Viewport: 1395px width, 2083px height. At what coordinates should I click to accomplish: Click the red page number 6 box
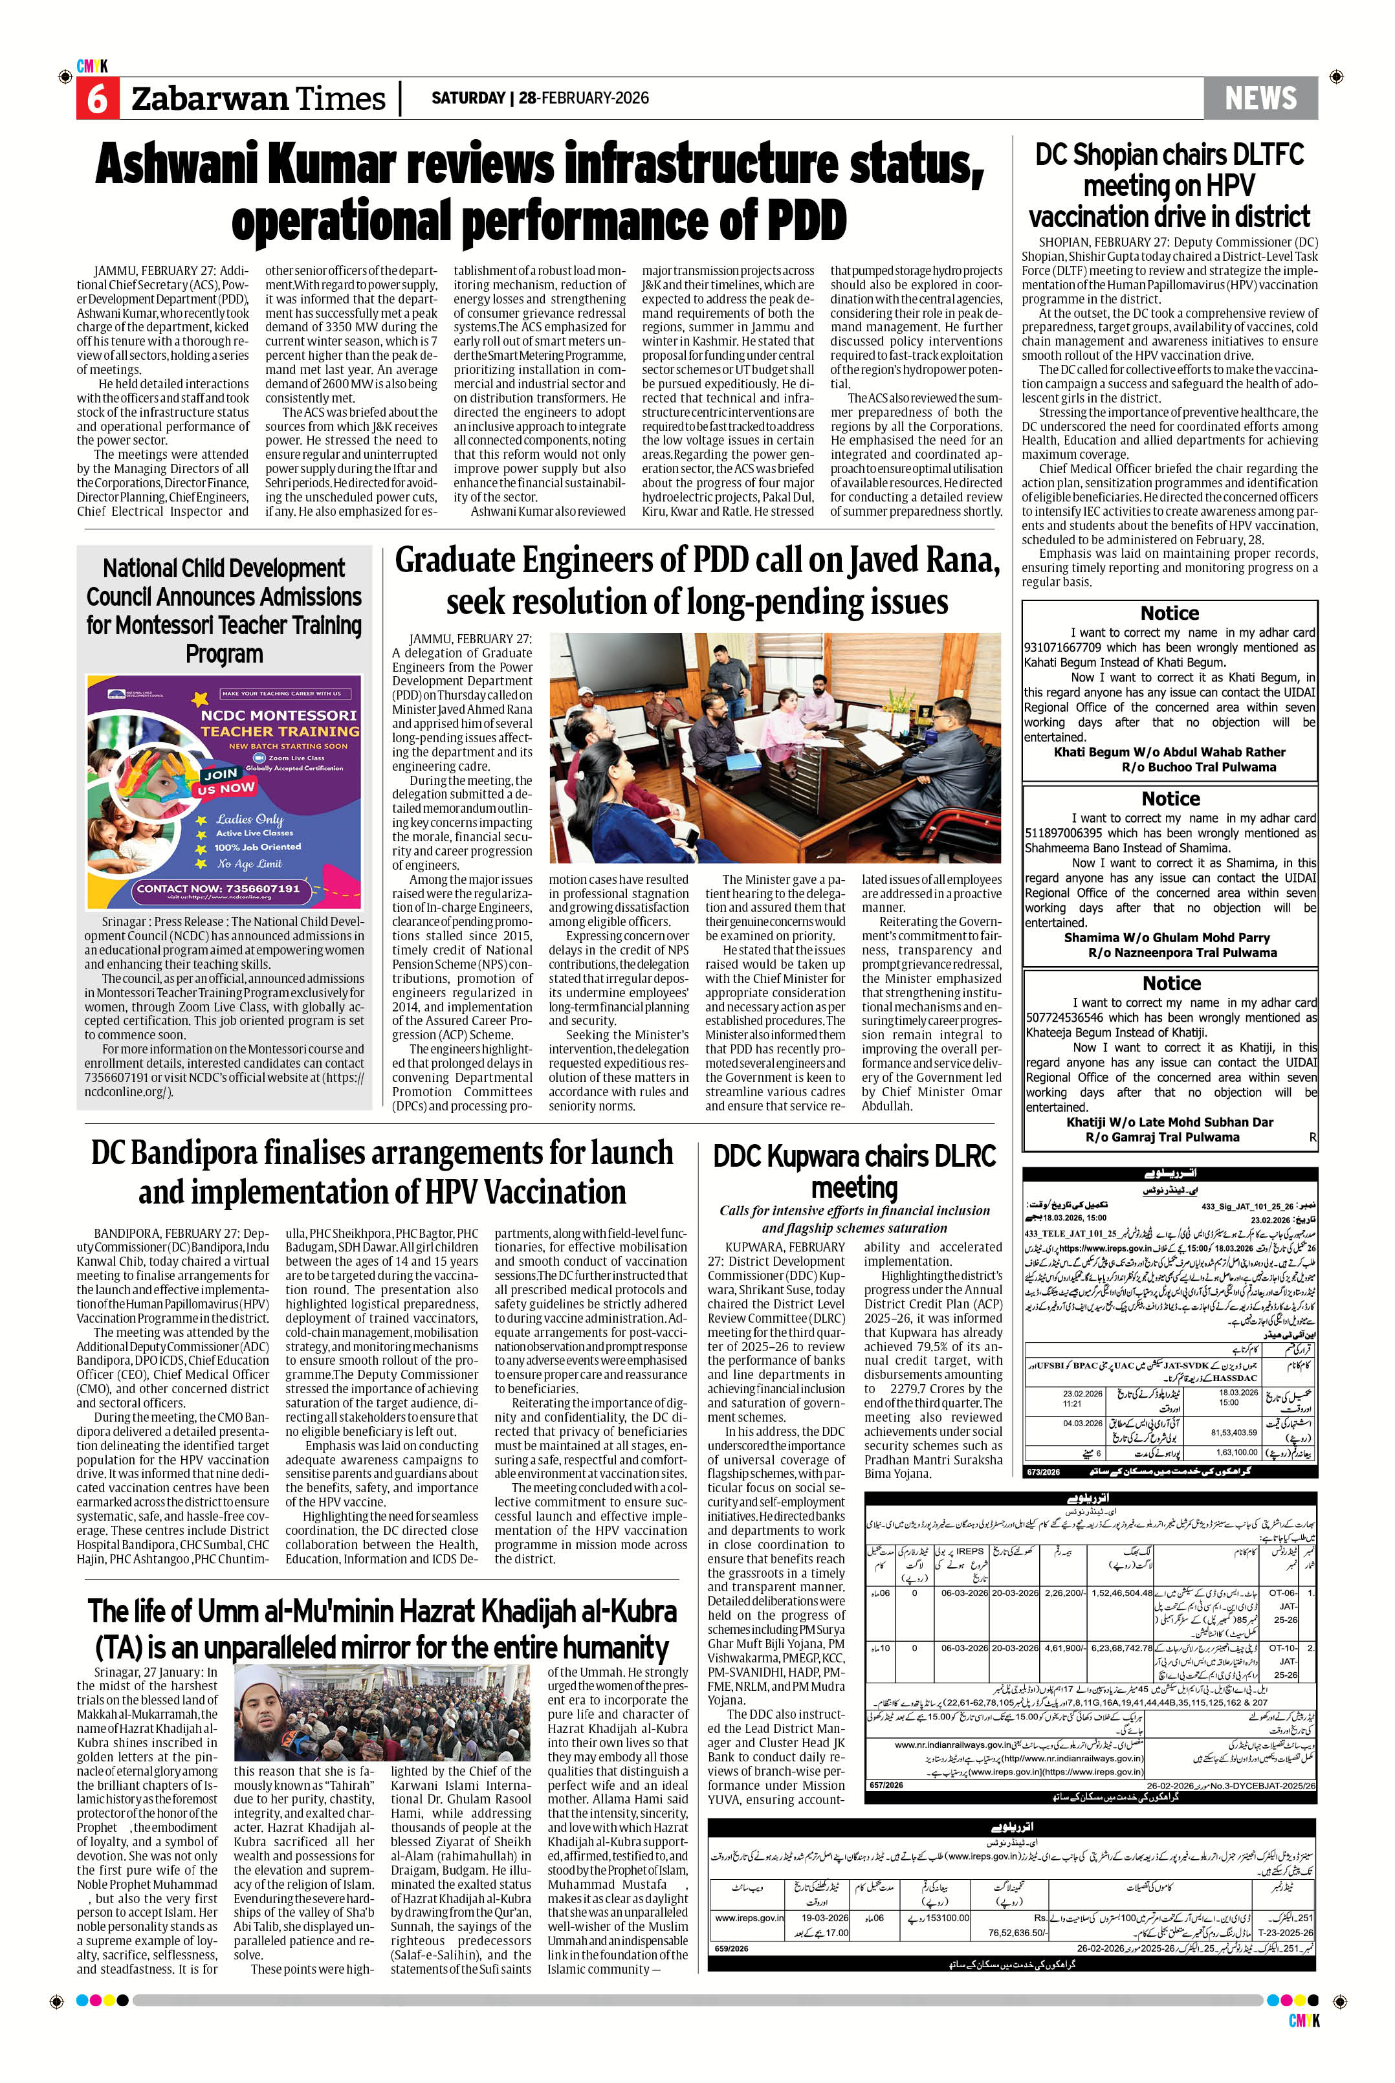(x=96, y=98)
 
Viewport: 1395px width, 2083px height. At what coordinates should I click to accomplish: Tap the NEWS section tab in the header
(x=1260, y=98)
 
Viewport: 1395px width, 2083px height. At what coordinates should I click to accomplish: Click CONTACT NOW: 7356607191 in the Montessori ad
(x=217, y=888)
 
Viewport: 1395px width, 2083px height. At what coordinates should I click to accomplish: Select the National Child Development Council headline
(x=224, y=610)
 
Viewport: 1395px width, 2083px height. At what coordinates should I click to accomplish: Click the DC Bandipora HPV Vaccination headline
(x=382, y=1171)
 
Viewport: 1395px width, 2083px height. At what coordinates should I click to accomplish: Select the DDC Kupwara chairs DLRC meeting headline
(x=854, y=1171)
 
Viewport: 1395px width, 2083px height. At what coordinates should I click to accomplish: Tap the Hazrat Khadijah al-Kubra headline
(x=382, y=1627)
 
